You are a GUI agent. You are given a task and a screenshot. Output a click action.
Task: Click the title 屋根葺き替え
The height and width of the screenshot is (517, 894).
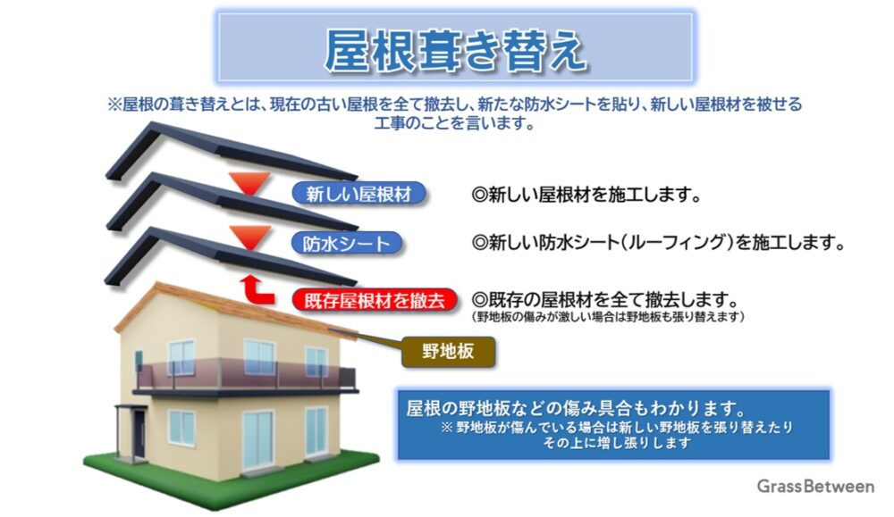pyautogui.click(x=455, y=50)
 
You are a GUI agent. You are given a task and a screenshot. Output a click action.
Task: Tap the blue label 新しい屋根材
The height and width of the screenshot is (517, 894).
pyautogui.click(x=358, y=194)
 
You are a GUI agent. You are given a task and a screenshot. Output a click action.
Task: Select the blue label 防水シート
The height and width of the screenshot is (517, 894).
pyautogui.click(x=347, y=244)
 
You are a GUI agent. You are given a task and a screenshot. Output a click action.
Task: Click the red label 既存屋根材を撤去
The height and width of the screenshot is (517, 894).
pyautogui.click(x=375, y=300)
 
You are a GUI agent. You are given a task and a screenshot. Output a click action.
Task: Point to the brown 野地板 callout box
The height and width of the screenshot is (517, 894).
pyautogui.click(x=448, y=351)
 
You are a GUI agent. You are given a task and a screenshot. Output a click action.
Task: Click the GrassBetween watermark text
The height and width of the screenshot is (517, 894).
pyautogui.click(x=815, y=487)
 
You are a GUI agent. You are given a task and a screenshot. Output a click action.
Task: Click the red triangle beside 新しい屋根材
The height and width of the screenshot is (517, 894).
pyautogui.click(x=249, y=183)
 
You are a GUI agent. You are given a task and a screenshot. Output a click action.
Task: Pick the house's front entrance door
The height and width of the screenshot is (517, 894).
pyautogui.click(x=139, y=435)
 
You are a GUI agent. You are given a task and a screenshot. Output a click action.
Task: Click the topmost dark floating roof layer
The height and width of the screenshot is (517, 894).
pyautogui.click(x=231, y=151)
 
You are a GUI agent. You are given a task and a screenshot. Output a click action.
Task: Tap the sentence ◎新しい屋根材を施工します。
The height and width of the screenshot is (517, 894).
pyautogui.click(x=586, y=195)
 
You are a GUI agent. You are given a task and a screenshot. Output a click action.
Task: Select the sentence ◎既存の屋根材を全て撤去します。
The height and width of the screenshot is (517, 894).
pyautogui.click(x=605, y=299)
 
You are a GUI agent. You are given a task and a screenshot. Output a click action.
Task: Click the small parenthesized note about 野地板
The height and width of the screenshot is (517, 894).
pyautogui.click(x=608, y=317)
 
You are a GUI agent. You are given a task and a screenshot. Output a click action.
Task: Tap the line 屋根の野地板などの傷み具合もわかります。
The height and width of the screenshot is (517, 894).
pyautogui.click(x=577, y=408)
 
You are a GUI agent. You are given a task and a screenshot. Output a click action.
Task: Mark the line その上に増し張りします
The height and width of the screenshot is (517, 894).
pyautogui.click(x=617, y=443)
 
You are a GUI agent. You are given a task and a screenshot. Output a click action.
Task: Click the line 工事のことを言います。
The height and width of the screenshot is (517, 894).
pyautogui.click(x=454, y=122)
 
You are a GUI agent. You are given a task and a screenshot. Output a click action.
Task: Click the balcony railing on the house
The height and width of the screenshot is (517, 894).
pyautogui.click(x=245, y=376)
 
